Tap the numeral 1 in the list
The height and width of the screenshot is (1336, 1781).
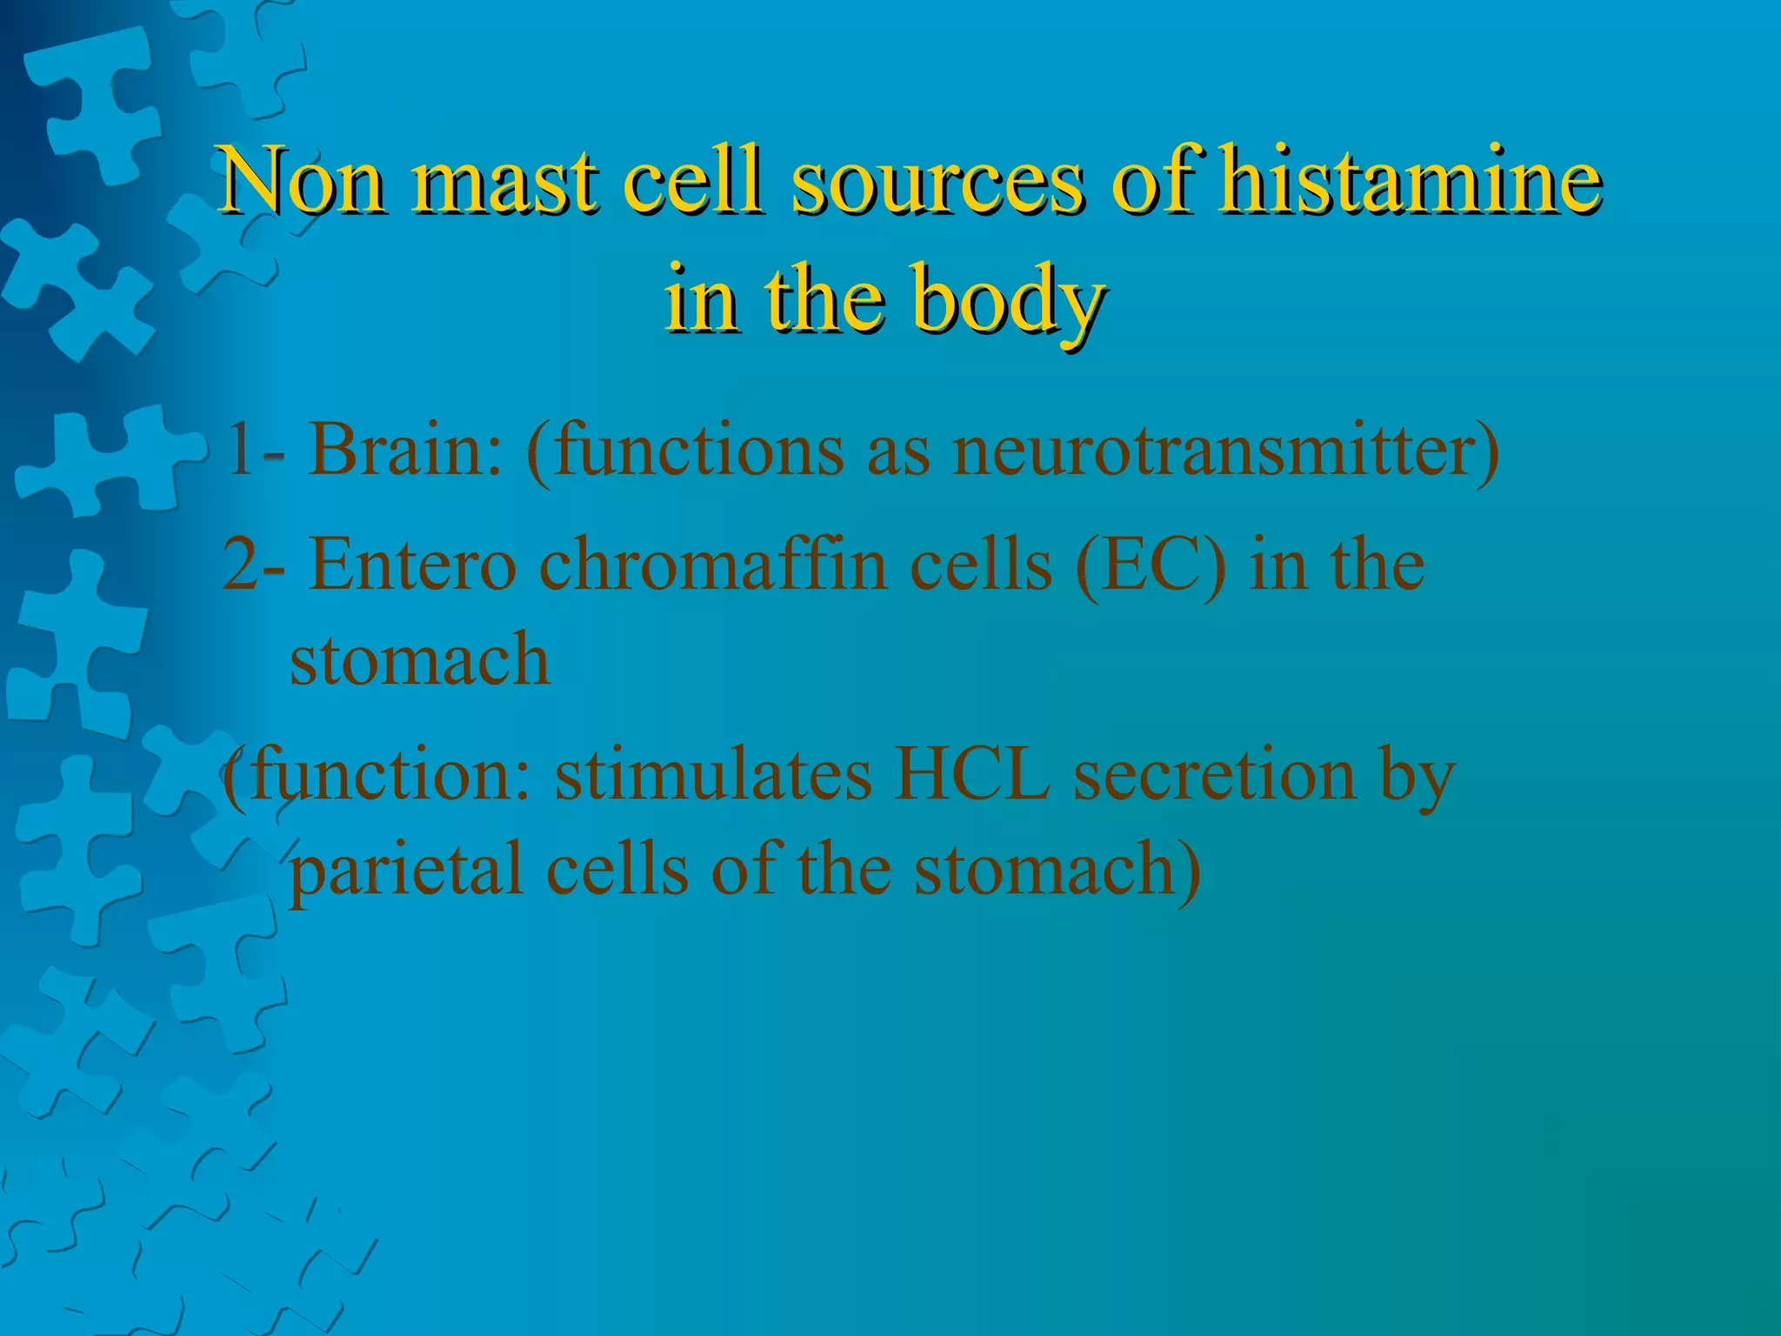click(x=237, y=451)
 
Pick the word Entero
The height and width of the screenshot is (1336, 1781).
click(x=413, y=565)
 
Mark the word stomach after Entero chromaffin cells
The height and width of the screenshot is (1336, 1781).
click(x=419, y=659)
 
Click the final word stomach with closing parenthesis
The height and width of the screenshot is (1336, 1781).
click(x=1057, y=871)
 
